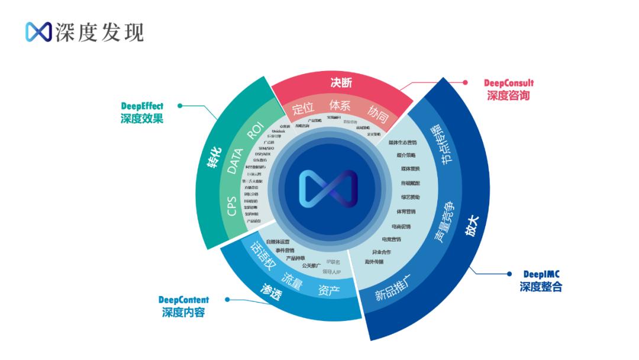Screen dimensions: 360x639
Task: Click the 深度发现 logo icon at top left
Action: pos(38,32)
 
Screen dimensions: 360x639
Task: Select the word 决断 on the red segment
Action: pos(341,83)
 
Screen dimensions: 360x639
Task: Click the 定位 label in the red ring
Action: pos(303,109)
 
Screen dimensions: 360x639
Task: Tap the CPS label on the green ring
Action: pos(232,205)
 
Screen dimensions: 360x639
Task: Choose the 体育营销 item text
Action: pos(406,211)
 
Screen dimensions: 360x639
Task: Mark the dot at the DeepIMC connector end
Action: pos(510,274)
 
